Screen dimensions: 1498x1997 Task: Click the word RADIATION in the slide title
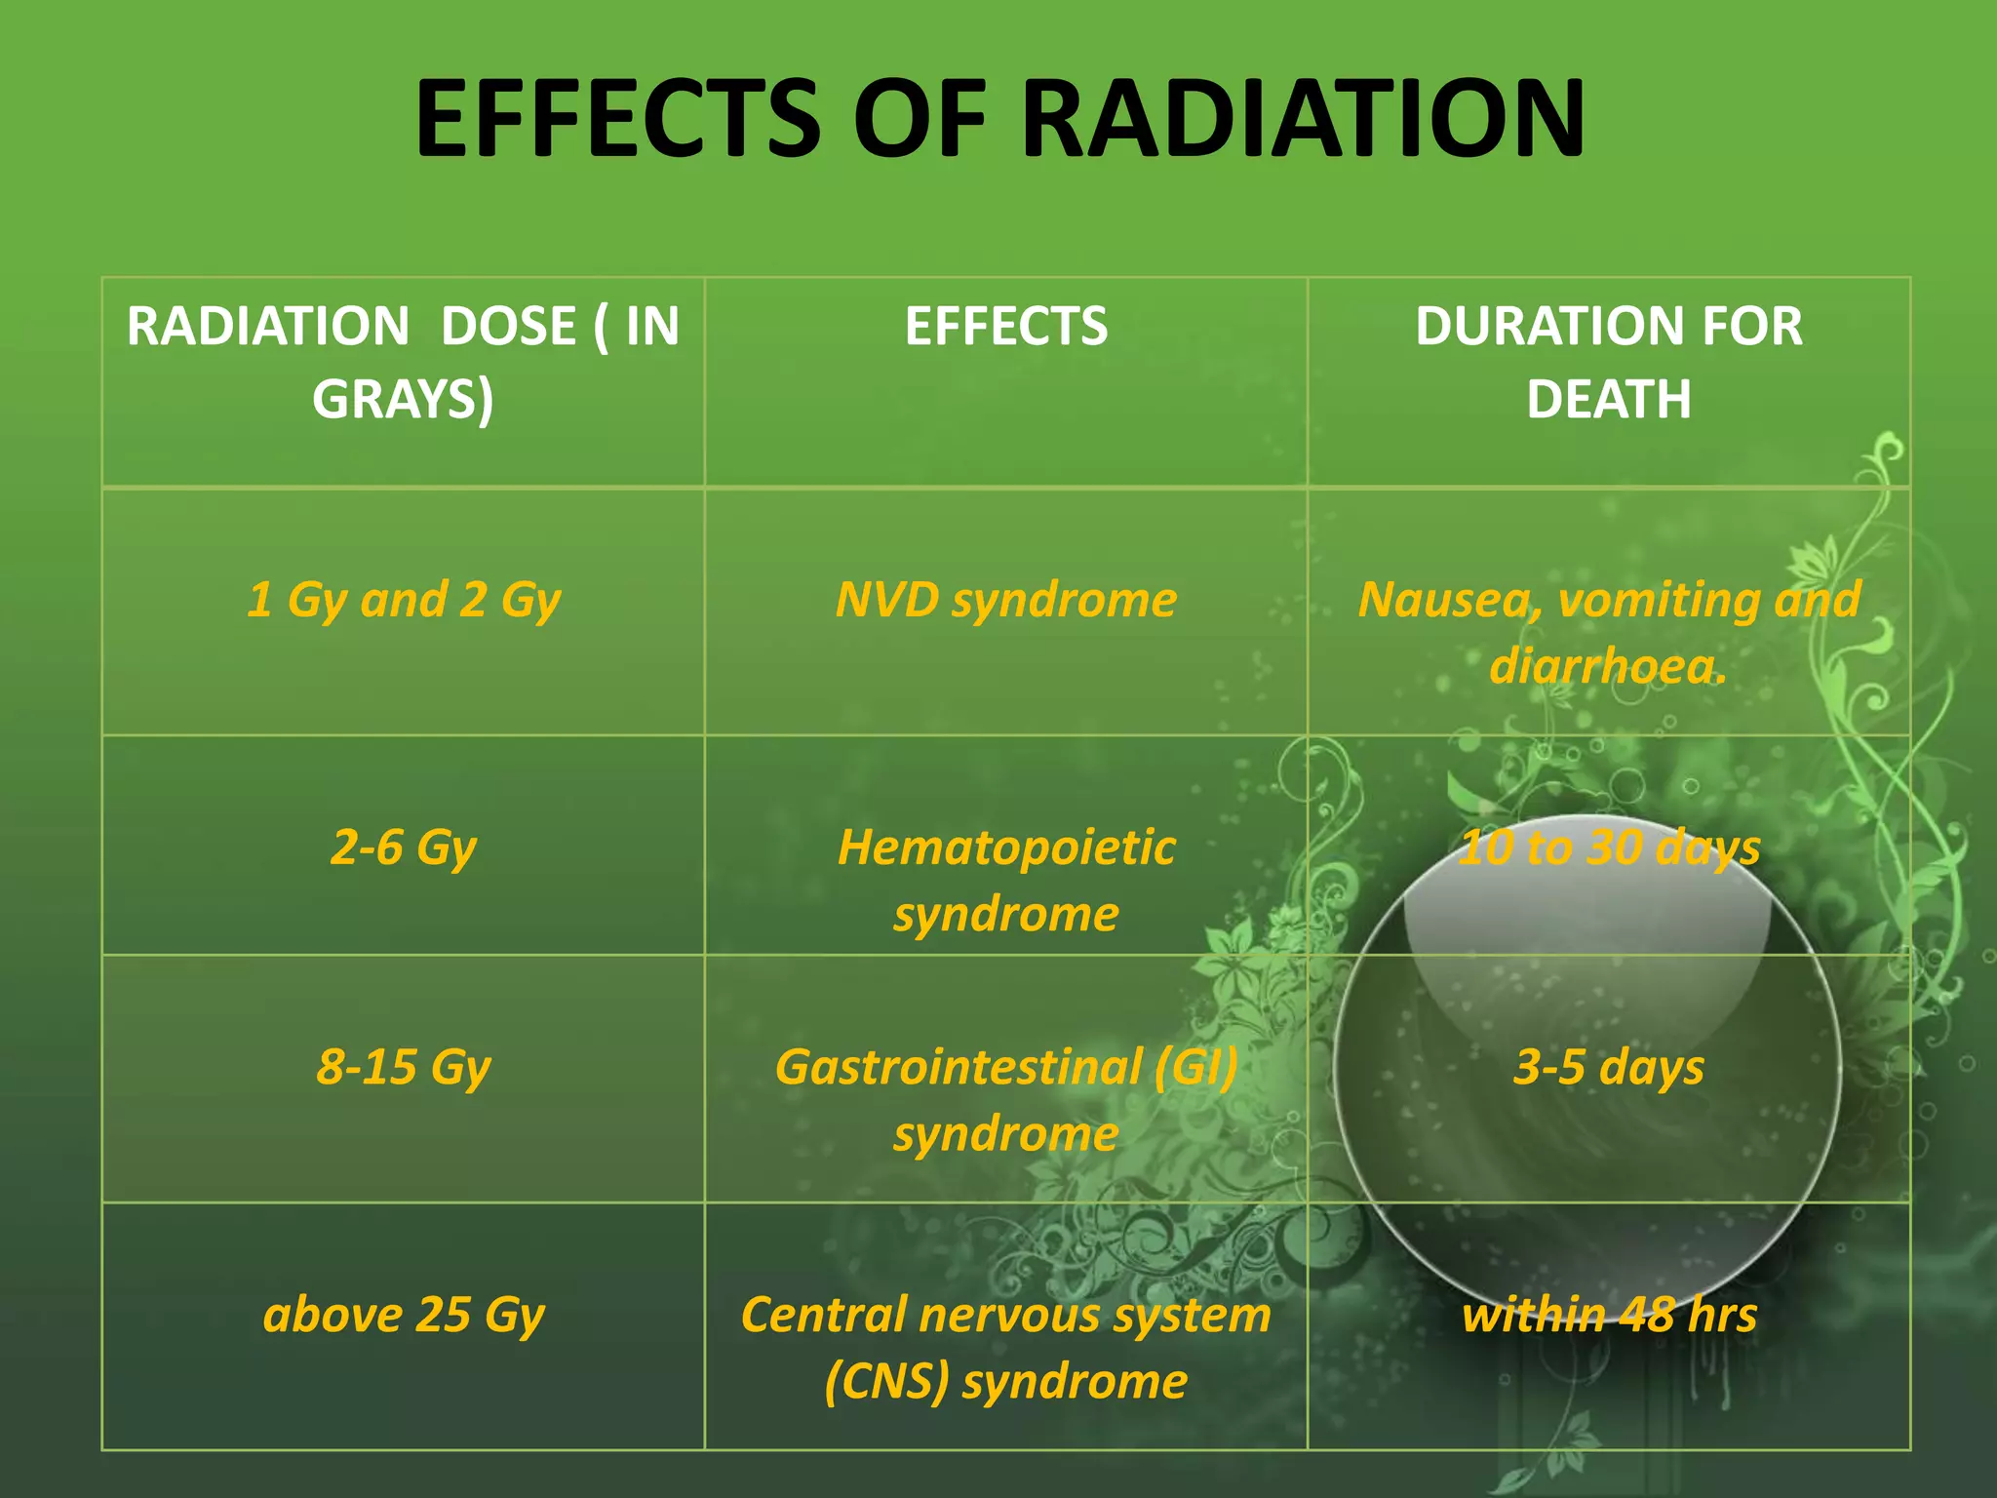click(x=1303, y=119)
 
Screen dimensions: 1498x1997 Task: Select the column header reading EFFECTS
click(x=1005, y=326)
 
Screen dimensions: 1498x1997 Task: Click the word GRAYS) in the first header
click(x=403, y=400)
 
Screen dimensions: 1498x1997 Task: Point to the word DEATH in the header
click(x=1608, y=400)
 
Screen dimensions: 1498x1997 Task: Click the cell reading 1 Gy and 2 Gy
click(x=404, y=599)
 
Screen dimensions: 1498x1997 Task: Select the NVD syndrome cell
click(x=1005, y=599)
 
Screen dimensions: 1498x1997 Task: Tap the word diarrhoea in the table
click(x=1603, y=666)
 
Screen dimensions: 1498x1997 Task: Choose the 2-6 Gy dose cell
click(x=404, y=847)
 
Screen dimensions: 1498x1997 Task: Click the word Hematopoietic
click(x=1005, y=847)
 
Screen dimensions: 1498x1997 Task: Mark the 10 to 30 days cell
click(x=1609, y=847)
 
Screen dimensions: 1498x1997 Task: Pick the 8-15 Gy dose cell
click(x=404, y=1067)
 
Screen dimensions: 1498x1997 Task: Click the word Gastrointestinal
click(x=958, y=1067)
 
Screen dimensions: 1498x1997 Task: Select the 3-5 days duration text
click(x=1609, y=1067)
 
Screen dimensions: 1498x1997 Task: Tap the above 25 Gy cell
click(x=404, y=1315)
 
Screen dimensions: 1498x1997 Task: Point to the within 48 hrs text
click(x=1609, y=1315)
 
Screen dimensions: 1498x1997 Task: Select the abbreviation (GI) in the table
click(x=1195, y=1067)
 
